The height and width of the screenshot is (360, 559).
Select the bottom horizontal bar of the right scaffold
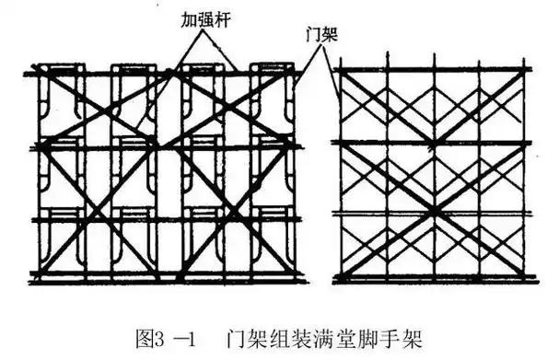click(433, 278)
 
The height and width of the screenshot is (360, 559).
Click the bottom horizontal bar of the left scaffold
click(166, 275)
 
